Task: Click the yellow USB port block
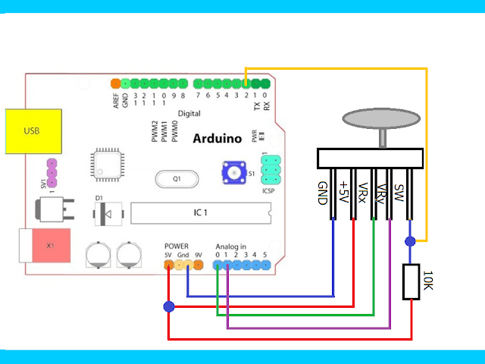[31, 130]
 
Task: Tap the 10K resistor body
[411, 281]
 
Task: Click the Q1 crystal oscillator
[177, 180]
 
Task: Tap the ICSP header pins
[271, 171]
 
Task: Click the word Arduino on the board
[217, 139]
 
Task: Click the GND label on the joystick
[323, 193]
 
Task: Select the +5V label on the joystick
[344, 193]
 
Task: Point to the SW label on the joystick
[400, 190]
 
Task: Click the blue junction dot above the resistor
[410, 241]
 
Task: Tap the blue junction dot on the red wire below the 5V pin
[168, 306]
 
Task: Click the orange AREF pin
[115, 83]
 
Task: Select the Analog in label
[231, 247]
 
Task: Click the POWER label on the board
[176, 247]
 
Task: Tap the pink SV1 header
[52, 174]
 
